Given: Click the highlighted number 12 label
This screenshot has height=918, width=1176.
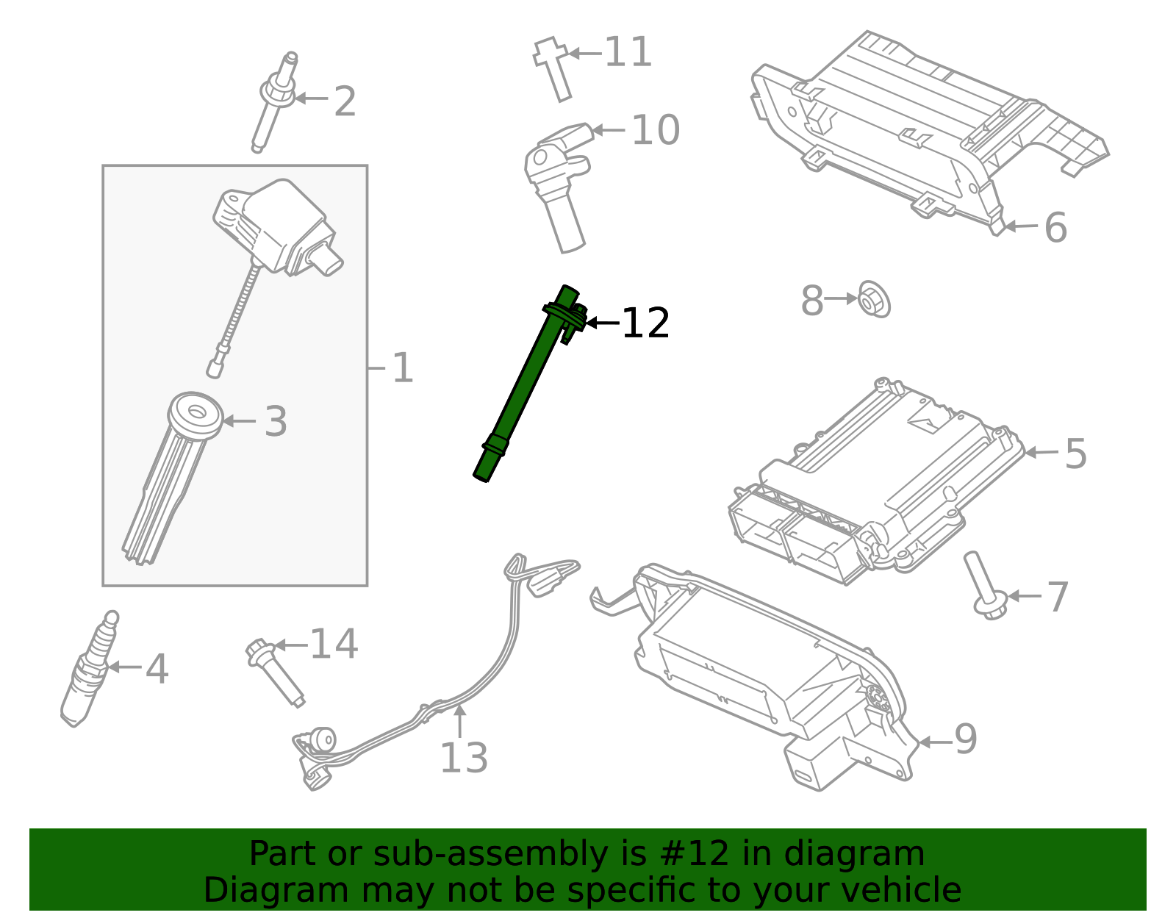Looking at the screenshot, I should pos(645,323).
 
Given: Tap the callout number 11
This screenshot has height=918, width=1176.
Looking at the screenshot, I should pos(628,53).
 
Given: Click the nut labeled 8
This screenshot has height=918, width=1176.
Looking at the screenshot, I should pos(873,299).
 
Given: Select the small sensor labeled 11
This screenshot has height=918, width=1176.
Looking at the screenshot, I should pos(553,68).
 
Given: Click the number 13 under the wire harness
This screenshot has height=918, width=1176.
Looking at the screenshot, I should pos(463,758).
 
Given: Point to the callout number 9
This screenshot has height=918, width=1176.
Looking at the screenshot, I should pos(965,739).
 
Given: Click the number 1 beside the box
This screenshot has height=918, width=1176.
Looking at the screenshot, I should pos(402,367).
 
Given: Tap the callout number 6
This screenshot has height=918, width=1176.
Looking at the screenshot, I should pos(1055,228).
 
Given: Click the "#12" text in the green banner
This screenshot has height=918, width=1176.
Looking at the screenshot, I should pos(688,854).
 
